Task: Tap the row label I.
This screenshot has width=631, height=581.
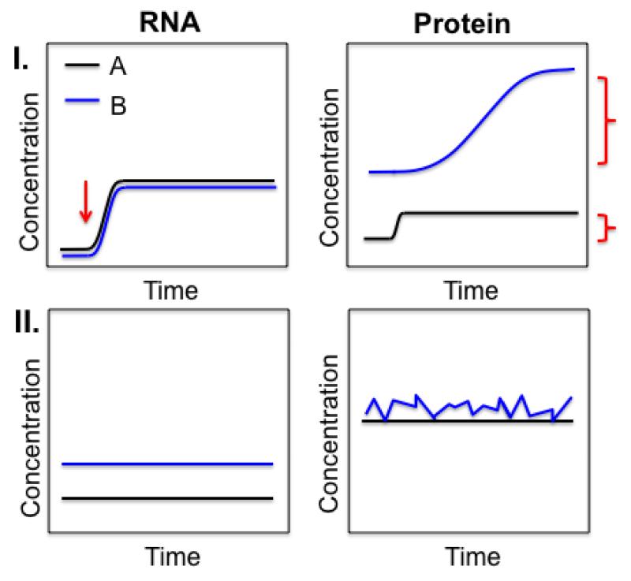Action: [22, 59]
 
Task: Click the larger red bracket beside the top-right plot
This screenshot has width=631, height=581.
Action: [606, 121]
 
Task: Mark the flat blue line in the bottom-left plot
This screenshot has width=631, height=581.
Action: [166, 464]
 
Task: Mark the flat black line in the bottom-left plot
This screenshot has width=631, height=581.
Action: [166, 498]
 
